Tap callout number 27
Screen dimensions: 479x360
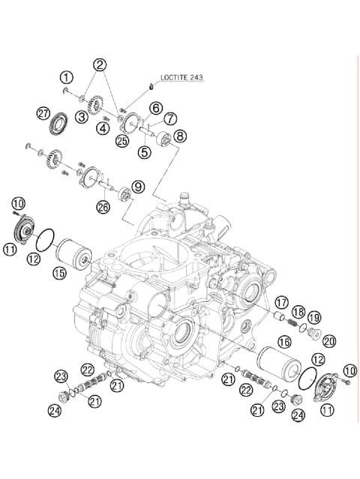tap(43, 113)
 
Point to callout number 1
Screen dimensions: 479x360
tap(67, 77)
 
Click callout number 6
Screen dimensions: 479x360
tap(156, 108)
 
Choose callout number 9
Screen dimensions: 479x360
tap(137, 186)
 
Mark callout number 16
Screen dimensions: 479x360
tap(284, 342)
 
